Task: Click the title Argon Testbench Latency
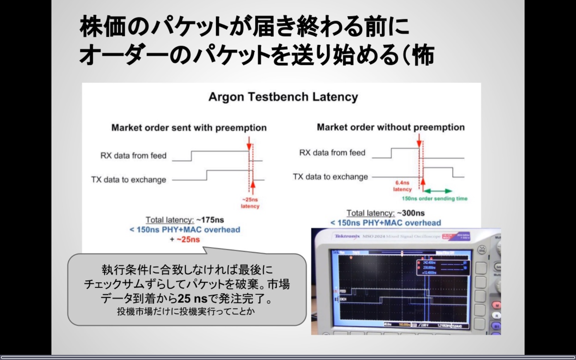pyautogui.click(x=283, y=97)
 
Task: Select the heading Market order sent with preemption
pyautogui.click(x=189, y=128)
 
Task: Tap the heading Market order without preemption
pyautogui.click(x=391, y=127)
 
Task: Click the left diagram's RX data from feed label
pyautogui.click(x=133, y=156)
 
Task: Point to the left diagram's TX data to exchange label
pyautogui.click(x=129, y=180)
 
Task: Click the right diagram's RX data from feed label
pyautogui.click(x=332, y=153)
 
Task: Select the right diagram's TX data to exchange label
pyautogui.click(x=330, y=177)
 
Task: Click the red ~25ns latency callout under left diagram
pyautogui.click(x=250, y=203)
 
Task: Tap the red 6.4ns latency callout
pyautogui.click(x=403, y=186)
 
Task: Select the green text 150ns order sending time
pyautogui.click(x=434, y=199)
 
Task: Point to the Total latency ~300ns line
pyautogui.click(x=385, y=213)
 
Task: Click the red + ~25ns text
pyautogui.click(x=185, y=239)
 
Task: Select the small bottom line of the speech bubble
pyautogui.click(x=185, y=311)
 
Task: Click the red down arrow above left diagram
pyautogui.click(x=249, y=142)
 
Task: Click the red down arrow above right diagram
pyautogui.click(x=419, y=140)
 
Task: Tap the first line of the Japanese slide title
pyautogui.click(x=245, y=28)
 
